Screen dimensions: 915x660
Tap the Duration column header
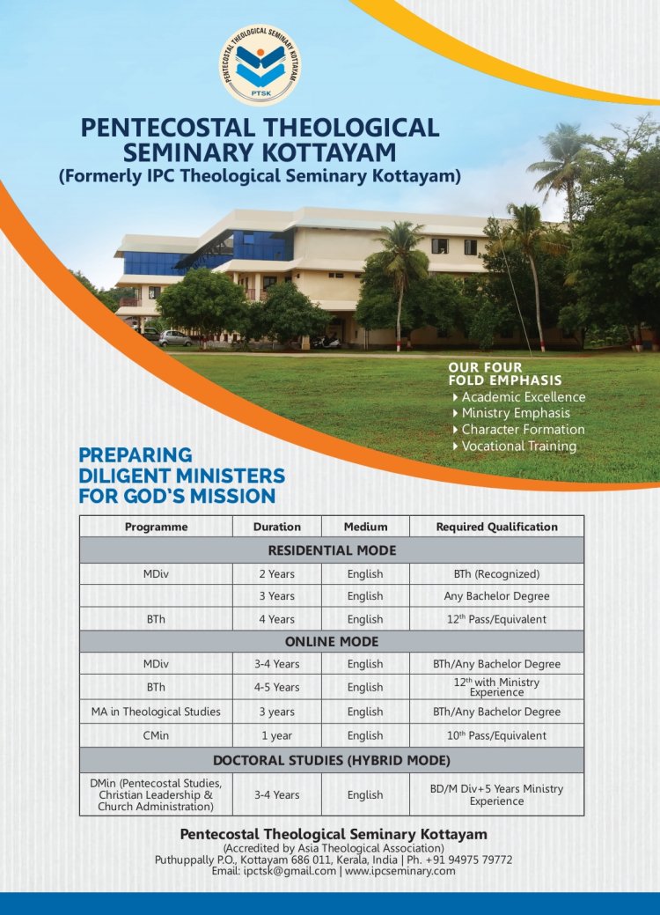(276, 527)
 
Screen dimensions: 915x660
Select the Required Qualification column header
(496, 527)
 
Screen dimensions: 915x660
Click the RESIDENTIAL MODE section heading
(332, 550)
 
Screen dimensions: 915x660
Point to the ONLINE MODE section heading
(332, 642)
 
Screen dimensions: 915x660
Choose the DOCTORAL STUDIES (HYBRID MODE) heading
(332, 760)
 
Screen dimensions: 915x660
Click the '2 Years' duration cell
(276, 574)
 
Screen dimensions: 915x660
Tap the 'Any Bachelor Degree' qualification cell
(496, 596)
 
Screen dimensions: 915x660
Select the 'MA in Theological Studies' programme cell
(156, 712)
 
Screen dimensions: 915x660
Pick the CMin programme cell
(156, 735)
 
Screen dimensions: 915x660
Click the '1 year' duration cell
(276, 735)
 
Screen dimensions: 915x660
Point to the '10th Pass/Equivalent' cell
(496, 735)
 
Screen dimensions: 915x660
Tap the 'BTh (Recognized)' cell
(496, 574)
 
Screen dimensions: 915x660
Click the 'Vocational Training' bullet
(518, 446)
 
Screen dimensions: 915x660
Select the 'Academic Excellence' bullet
(523, 396)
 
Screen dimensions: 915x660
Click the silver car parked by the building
(174, 337)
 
